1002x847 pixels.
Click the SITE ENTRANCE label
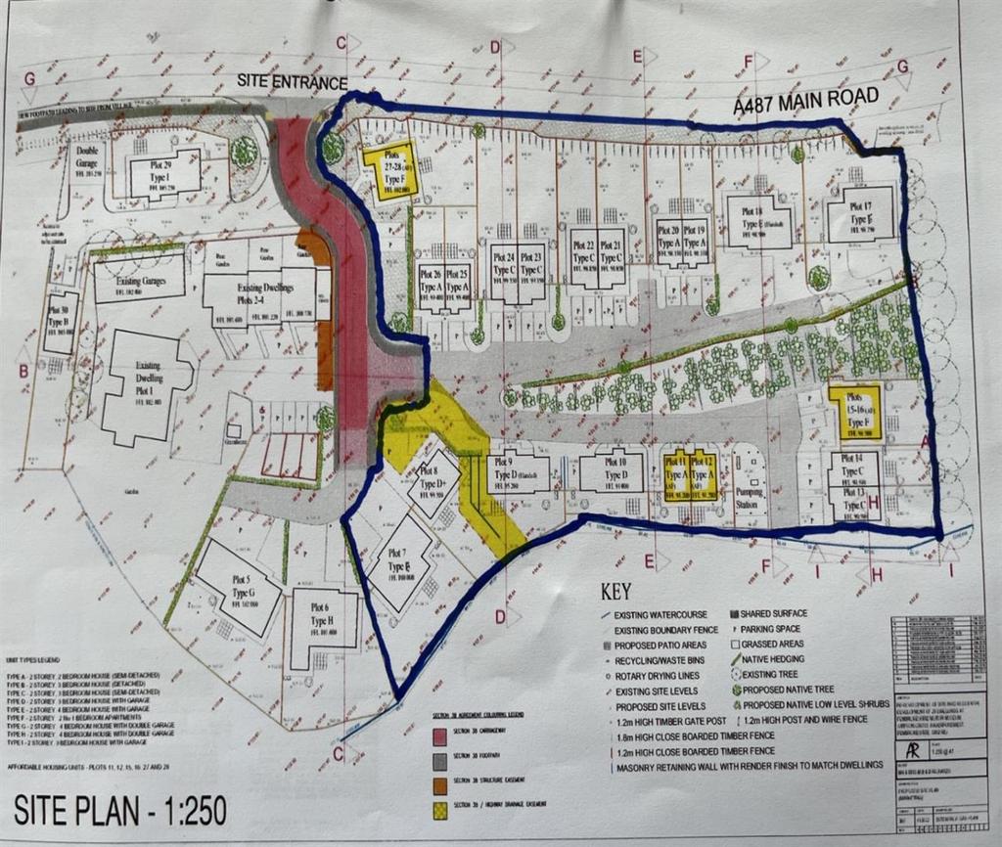click(292, 83)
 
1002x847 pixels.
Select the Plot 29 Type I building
click(164, 173)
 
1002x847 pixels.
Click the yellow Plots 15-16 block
click(855, 412)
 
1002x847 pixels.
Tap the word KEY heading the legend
click(617, 592)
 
